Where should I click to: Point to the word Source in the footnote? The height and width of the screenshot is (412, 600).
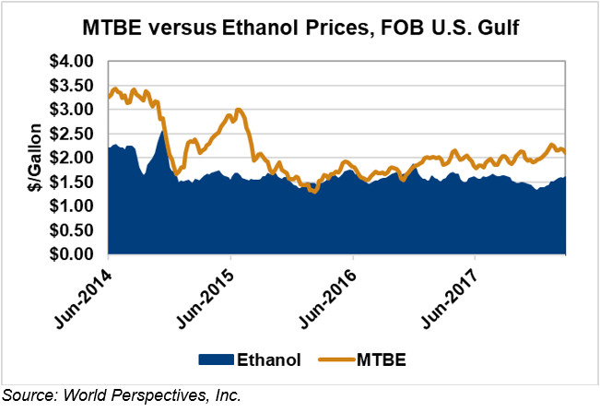click(x=29, y=396)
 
